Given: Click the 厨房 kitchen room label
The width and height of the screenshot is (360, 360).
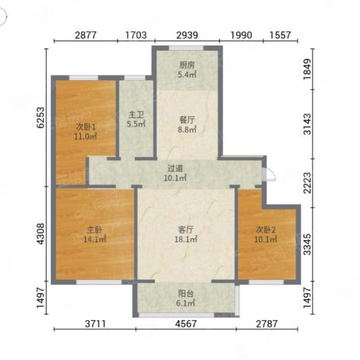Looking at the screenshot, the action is pos(187,65).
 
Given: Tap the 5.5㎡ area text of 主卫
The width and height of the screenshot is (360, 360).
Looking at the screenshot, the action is pos(136,124).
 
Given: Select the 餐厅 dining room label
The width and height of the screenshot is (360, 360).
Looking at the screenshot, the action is pos(187,120).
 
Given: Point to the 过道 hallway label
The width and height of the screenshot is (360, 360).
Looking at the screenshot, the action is pos(175,168).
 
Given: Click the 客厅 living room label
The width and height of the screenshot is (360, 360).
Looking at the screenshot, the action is pos(186,229).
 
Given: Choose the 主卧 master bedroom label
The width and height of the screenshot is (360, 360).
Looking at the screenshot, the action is pos(95,229).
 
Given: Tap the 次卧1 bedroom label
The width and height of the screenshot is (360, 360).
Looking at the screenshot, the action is pos(85,127).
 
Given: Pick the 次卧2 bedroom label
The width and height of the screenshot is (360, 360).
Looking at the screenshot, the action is pos(265,229).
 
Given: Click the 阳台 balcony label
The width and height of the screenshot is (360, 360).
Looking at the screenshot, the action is pos(186,293).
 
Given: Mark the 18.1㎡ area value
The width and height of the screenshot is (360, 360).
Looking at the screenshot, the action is pos(186,239).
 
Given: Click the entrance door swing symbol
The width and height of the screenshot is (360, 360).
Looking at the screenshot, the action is pos(270,175).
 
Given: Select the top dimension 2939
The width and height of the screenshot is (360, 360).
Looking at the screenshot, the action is pos(187,35).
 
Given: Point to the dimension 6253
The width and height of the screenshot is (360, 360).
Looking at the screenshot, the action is pos(41,117).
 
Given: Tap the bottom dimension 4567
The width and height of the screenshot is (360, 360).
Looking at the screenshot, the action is pos(186,324).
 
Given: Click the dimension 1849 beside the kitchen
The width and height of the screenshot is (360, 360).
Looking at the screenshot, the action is pos(307,69).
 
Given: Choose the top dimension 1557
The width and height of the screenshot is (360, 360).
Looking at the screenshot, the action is pos(280,35).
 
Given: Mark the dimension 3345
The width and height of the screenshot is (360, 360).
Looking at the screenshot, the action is pos(307,245).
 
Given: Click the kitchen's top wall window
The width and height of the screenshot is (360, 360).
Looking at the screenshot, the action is pos(187,48).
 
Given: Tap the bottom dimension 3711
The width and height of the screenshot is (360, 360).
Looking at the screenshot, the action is pos(95,324).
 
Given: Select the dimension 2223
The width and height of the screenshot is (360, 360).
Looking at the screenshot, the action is pos(307,183).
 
